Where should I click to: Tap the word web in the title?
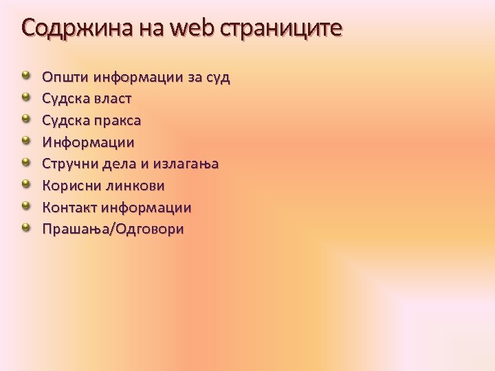[192, 28]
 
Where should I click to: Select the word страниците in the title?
[281, 28]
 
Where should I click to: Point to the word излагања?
[185, 164]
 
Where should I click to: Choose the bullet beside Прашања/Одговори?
[25, 227]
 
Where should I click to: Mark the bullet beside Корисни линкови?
[25, 184]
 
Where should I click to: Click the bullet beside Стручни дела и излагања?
[25, 162]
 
